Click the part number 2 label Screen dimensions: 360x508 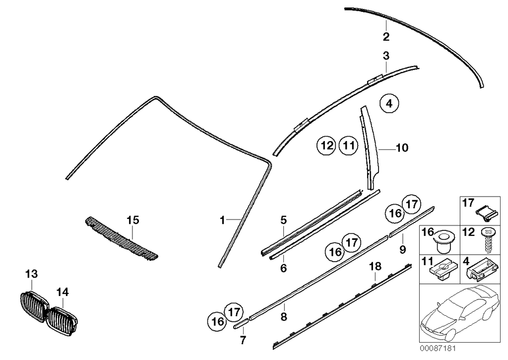[386, 36]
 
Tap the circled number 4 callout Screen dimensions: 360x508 [389, 104]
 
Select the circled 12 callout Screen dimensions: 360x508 [326, 146]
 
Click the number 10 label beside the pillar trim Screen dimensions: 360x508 [402, 147]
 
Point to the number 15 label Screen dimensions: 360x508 [132, 219]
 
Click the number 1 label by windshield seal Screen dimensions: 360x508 [223, 219]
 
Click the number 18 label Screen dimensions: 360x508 [376, 267]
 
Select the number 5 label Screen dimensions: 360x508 [284, 219]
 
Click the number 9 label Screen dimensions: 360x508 [403, 248]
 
